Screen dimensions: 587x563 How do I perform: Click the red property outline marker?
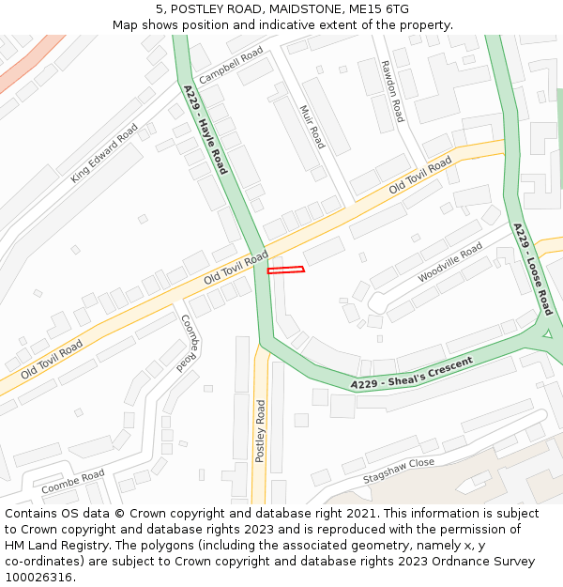point(286,270)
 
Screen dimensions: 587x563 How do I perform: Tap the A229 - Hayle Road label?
point(205,130)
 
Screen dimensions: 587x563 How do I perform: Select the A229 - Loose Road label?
point(533,269)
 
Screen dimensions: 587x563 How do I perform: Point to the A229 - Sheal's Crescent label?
point(412,373)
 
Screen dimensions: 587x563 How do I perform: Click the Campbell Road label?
point(231,64)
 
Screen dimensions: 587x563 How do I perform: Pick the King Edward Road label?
point(104,151)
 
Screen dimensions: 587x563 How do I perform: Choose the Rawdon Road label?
point(392,90)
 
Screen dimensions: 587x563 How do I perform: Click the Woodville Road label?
point(450,262)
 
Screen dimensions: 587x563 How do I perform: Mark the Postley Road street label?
point(261,430)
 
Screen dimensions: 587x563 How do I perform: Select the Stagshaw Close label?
point(399,470)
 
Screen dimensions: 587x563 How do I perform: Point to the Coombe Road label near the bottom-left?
point(73,483)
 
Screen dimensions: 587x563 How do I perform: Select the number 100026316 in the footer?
point(38,577)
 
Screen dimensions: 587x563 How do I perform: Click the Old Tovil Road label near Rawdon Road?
point(420,174)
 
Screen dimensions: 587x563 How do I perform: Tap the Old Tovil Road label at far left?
point(52,359)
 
